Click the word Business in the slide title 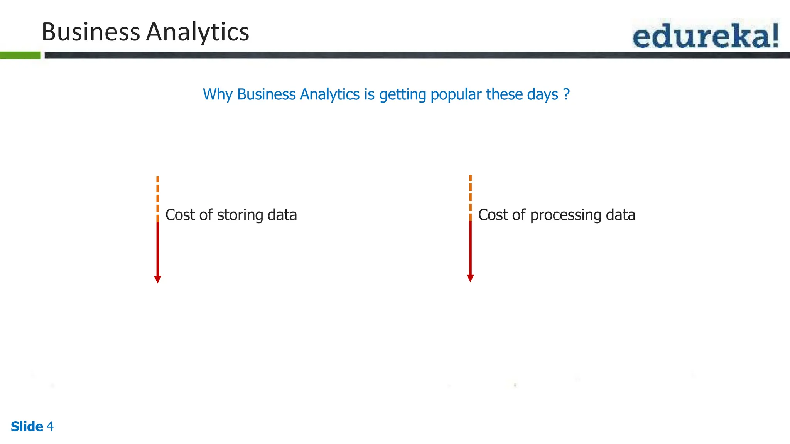[91, 32]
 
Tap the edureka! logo [706, 35]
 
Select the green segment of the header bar [20, 55]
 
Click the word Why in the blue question [218, 94]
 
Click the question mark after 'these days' [566, 94]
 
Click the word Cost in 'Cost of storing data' [180, 215]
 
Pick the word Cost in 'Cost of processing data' [493, 215]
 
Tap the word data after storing [282, 215]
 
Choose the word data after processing [620, 215]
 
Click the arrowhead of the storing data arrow [157, 279]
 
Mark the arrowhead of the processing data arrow [470, 278]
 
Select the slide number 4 [50, 426]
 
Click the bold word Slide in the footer [27, 426]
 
